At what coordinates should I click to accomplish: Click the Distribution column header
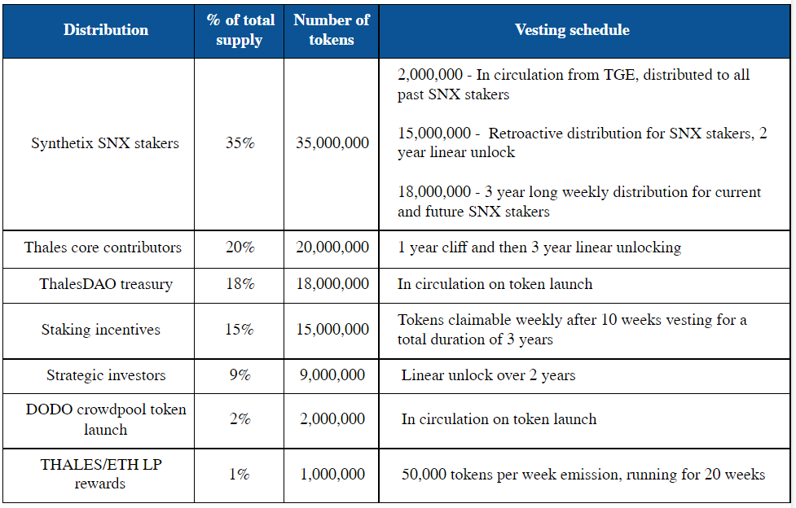click(x=106, y=30)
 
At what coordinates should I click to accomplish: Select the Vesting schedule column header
click(x=572, y=30)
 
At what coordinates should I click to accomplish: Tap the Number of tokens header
click(x=332, y=30)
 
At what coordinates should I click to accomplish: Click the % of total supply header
click(x=240, y=30)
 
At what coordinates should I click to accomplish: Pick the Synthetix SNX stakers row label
click(x=105, y=143)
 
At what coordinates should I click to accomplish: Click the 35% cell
click(x=240, y=142)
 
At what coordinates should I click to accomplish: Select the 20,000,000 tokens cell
click(x=332, y=247)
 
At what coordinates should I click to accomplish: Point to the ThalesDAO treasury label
click(x=106, y=283)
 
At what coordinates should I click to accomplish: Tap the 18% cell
click(x=240, y=283)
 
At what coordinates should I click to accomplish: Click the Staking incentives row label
click(x=100, y=330)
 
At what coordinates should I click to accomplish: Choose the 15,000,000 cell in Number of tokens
click(x=332, y=330)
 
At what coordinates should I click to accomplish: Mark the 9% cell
click(x=240, y=375)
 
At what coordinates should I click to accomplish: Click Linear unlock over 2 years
click(x=488, y=375)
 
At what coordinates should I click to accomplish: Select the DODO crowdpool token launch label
click(x=106, y=419)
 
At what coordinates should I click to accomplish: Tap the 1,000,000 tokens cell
click(x=332, y=474)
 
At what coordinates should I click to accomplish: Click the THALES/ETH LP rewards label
click(x=100, y=474)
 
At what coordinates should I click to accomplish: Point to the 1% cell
click(x=240, y=474)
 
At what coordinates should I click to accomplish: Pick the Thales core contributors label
click(x=103, y=247)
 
